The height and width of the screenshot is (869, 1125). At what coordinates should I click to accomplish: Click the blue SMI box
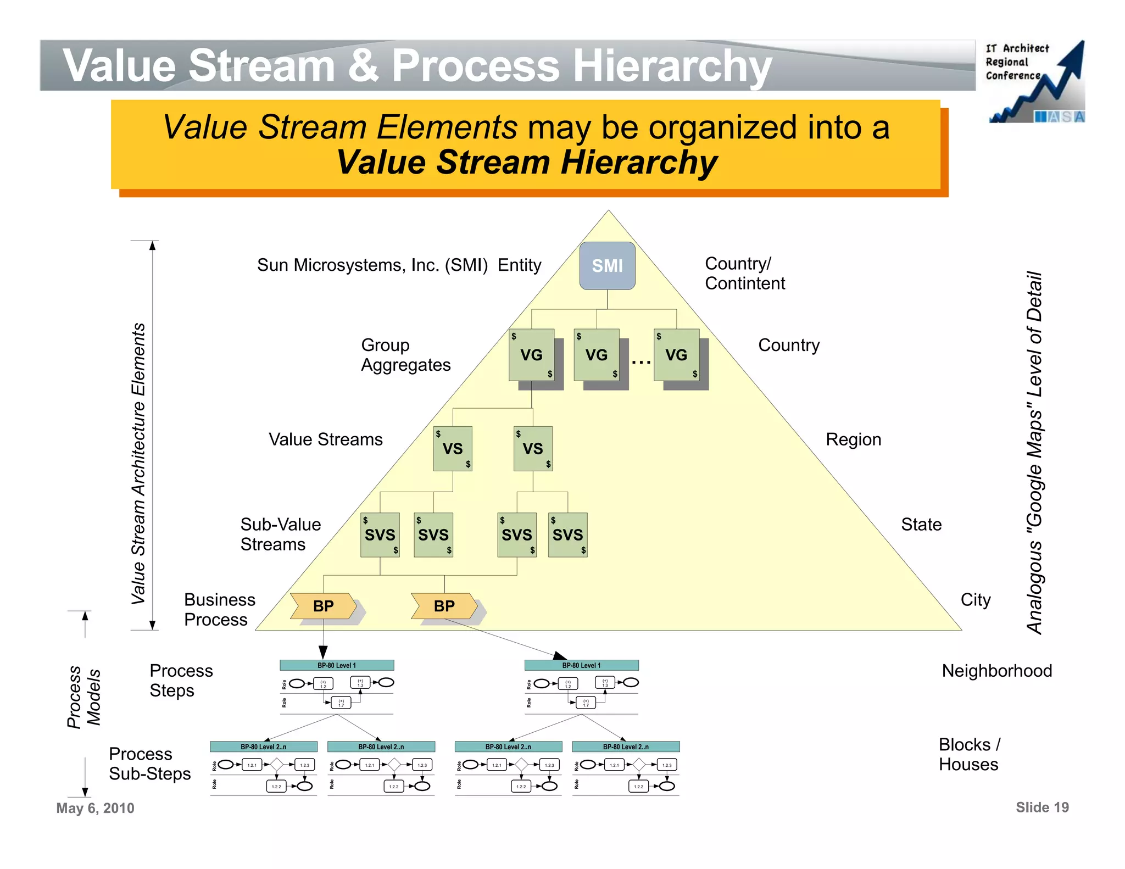[607, 266]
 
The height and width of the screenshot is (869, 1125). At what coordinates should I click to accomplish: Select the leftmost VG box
[531, 355]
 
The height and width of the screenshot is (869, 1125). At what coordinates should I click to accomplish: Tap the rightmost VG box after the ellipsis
[676, 355]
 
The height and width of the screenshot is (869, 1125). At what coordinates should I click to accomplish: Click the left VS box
[453, 449]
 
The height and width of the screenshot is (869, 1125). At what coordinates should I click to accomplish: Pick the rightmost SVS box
[567, 534]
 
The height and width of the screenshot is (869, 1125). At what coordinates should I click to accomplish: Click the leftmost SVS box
[380, 534]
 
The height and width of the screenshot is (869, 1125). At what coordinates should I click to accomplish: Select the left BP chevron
[324, 606]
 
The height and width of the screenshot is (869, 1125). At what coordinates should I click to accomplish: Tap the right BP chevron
[444, 606]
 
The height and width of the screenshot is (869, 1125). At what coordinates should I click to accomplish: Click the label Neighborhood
[996, 671]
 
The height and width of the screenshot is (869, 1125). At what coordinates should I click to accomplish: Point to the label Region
[853, 439]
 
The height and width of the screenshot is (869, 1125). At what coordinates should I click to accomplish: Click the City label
[975, 599]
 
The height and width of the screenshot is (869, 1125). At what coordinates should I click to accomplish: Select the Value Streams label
[325, 439]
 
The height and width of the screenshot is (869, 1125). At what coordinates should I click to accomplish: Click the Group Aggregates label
[405, 355]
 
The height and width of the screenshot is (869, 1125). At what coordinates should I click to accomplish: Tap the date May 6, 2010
[95, 808]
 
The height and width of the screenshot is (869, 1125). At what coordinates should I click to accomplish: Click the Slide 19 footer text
[1042, 807]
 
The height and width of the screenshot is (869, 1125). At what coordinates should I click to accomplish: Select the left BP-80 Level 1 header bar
[337, 665]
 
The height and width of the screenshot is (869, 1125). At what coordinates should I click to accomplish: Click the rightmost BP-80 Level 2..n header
[626, 747]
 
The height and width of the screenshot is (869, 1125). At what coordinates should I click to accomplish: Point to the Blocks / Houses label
[969, 754]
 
